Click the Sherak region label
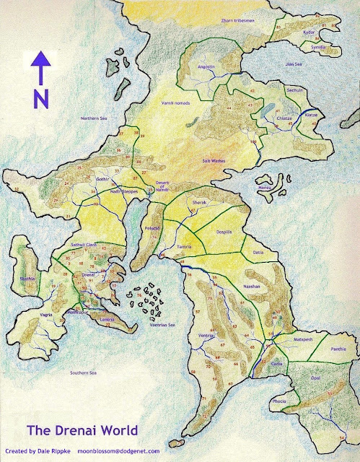point(198,204)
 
